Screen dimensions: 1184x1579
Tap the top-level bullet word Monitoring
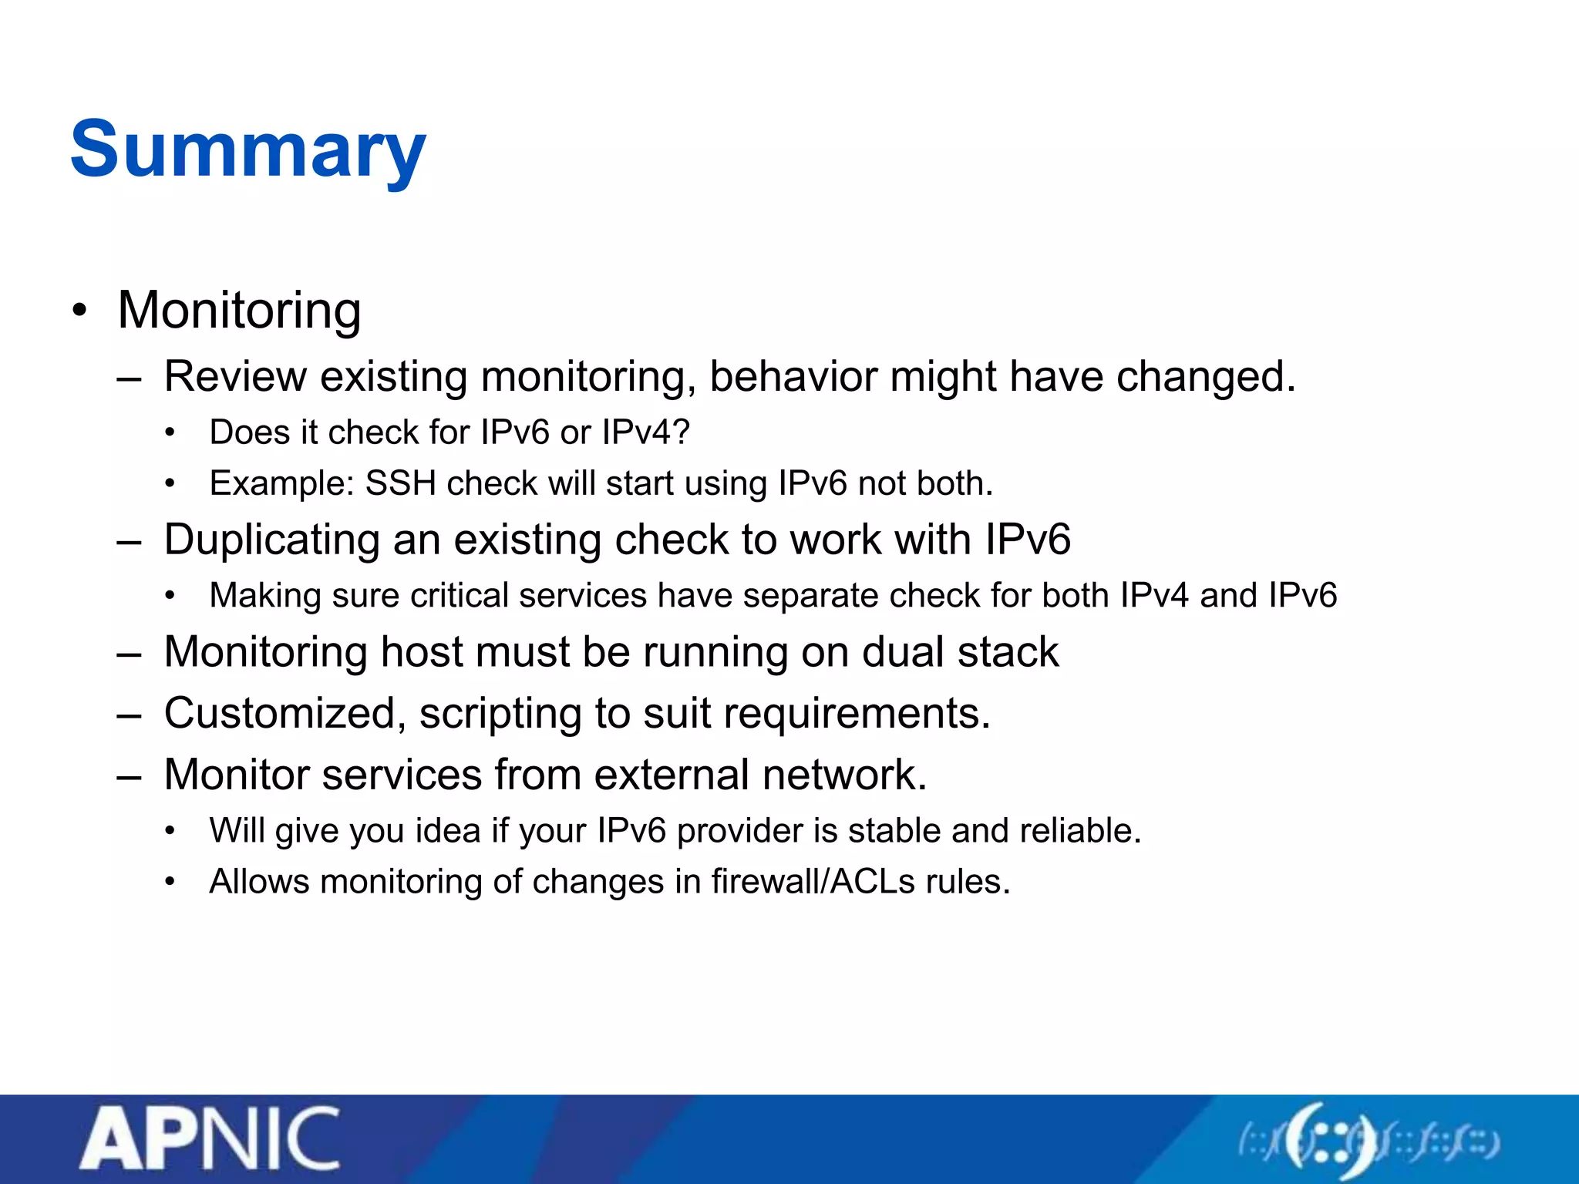point(239,310)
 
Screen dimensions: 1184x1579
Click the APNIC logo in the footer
point(210,1139)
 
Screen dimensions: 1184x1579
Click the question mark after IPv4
point(681,432)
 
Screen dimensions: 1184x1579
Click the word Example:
point(281,483)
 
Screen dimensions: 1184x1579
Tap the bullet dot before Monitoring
point(79,311)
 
